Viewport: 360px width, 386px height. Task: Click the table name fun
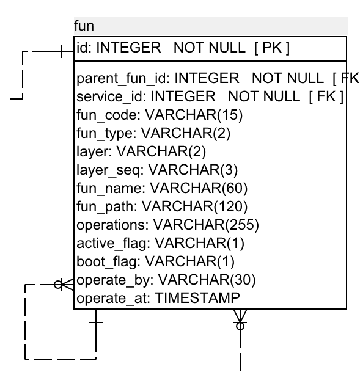pyautogui.click(x=84, y=26)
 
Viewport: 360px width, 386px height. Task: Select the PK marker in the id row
pyautogui.click(x=272, y=47)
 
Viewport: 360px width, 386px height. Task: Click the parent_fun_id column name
pyautogui.click(x=122, y=79)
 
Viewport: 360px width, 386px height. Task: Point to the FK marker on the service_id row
pyautogui.click(x=326, y=96)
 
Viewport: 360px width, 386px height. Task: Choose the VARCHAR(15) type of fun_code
pyautogui.click(x=194, y=115)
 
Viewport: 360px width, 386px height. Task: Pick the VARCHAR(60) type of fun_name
pyautogui.click(x=199, y=188)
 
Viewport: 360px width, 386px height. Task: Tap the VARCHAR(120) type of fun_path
pyautogui.click(x=194, y=206)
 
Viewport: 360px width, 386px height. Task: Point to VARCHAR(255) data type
pyautogui.click(x=206, y=225)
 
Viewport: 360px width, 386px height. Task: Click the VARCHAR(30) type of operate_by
pyautogui.click(x=207, y=280)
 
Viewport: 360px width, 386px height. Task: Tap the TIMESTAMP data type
pyautogui.click(x=197, y=298)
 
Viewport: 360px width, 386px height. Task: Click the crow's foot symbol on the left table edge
pyautogui.click(x=67, y=285)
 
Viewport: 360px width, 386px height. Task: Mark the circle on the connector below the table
pyautogui.click(x=240, y=326)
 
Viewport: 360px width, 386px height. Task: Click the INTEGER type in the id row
pyautogui.click(x=128, y=47)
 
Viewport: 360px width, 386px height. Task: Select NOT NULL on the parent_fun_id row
pyautogui.click(x=288, y=78)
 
